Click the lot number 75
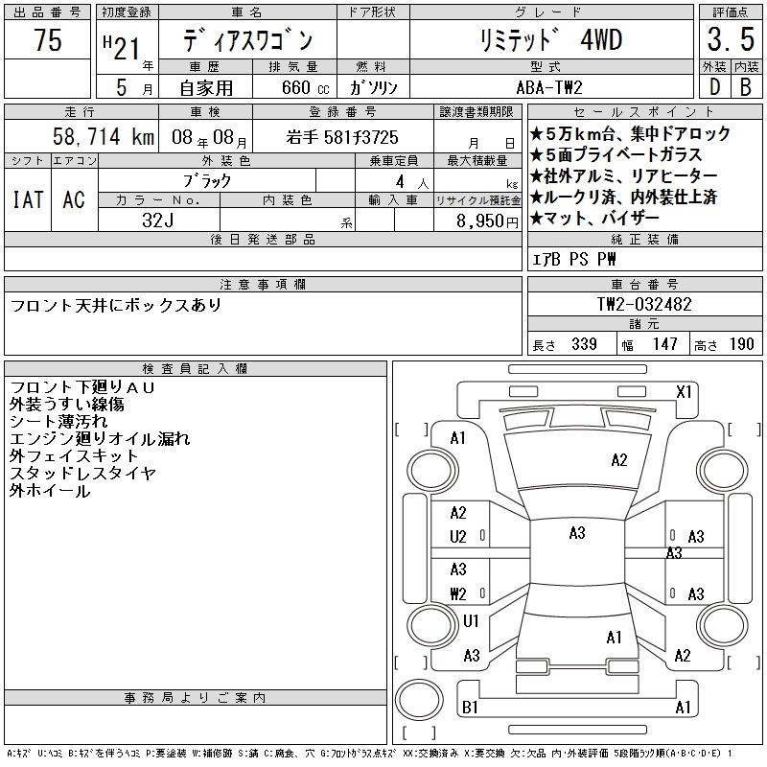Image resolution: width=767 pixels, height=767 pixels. point(48,39)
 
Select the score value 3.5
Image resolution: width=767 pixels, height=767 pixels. point(731,39)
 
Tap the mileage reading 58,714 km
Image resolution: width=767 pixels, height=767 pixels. point(104,136)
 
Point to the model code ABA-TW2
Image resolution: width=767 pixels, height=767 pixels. point(549,87)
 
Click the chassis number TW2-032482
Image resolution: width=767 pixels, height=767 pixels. point(644,304)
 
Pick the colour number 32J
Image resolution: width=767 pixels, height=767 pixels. point(158,221)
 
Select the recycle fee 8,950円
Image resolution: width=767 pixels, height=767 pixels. point(487,221)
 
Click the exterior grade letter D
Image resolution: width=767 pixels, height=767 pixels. point(714,87)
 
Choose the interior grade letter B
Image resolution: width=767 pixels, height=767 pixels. point(746,87)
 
